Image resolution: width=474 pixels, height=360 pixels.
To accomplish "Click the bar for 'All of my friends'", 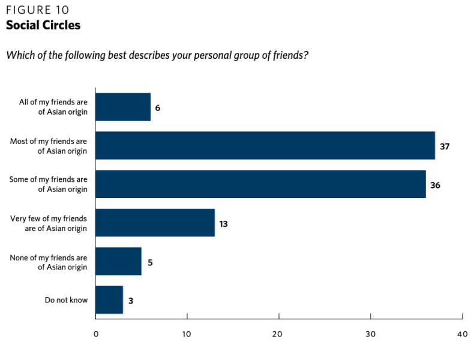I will click(123, 107).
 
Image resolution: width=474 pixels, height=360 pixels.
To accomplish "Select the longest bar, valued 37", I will click(265, 146).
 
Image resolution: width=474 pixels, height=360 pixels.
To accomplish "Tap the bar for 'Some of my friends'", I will click(260, 184).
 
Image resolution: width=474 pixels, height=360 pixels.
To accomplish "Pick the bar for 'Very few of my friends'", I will click(155, 223).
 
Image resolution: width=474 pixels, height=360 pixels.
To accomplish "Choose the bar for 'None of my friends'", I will click(118, 261).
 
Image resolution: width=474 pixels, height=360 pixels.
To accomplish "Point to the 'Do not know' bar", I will click(109, 299).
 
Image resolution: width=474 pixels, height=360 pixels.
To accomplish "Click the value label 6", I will click(158, 108).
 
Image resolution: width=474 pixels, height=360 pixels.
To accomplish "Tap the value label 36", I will click(435, 185).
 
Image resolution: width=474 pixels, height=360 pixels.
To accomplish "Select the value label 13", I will click(223, 223).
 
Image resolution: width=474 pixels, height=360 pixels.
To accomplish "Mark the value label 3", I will click(130, 300).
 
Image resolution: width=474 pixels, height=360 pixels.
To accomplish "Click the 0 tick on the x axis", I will click(96, 333).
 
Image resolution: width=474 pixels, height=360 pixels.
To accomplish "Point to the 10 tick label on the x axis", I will click(187, 333).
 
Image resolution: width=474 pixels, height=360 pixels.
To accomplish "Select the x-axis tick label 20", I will click(278, 333).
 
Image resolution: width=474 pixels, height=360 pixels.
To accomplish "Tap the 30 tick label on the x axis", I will click(370, 333).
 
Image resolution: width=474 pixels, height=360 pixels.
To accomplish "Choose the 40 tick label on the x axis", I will click(461, 333).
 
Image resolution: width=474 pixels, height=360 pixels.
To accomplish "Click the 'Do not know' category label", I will click(66, 299).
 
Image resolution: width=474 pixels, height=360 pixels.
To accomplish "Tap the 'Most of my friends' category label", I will click(49, 146).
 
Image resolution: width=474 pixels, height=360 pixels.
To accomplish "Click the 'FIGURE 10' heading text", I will click(37, 10).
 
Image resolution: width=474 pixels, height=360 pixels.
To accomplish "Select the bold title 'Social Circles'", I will click(43, 25).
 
